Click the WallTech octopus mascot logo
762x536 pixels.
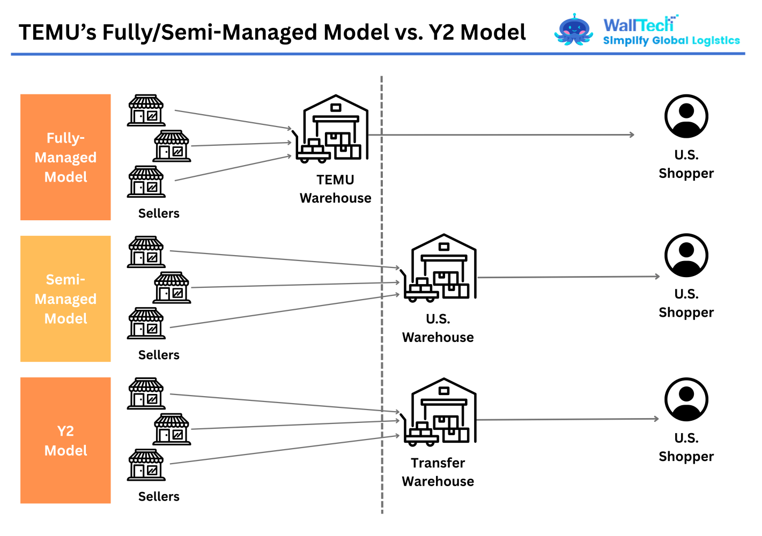point(573,31)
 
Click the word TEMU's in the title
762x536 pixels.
point(57,33)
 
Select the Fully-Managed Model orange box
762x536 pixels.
point(65,157)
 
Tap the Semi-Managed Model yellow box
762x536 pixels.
point(65,299)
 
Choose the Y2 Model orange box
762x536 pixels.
point(65,440)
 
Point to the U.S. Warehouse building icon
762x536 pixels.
point(441,267)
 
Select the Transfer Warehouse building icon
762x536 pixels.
point(441,412)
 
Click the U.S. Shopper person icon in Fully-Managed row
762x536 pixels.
point(686,116)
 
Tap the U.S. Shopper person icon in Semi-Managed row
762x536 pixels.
point(686,255)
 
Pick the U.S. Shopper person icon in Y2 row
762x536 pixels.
point(686,399)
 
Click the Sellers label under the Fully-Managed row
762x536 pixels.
point(159,213)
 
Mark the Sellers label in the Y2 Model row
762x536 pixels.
point(159,496)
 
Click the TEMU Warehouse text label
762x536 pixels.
point(335,189)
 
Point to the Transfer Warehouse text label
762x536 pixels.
point(438,472)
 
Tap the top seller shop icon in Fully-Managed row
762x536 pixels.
point(146,110)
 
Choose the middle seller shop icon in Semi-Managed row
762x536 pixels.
point(172,287)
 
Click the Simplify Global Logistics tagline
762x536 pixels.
point(671,41)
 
